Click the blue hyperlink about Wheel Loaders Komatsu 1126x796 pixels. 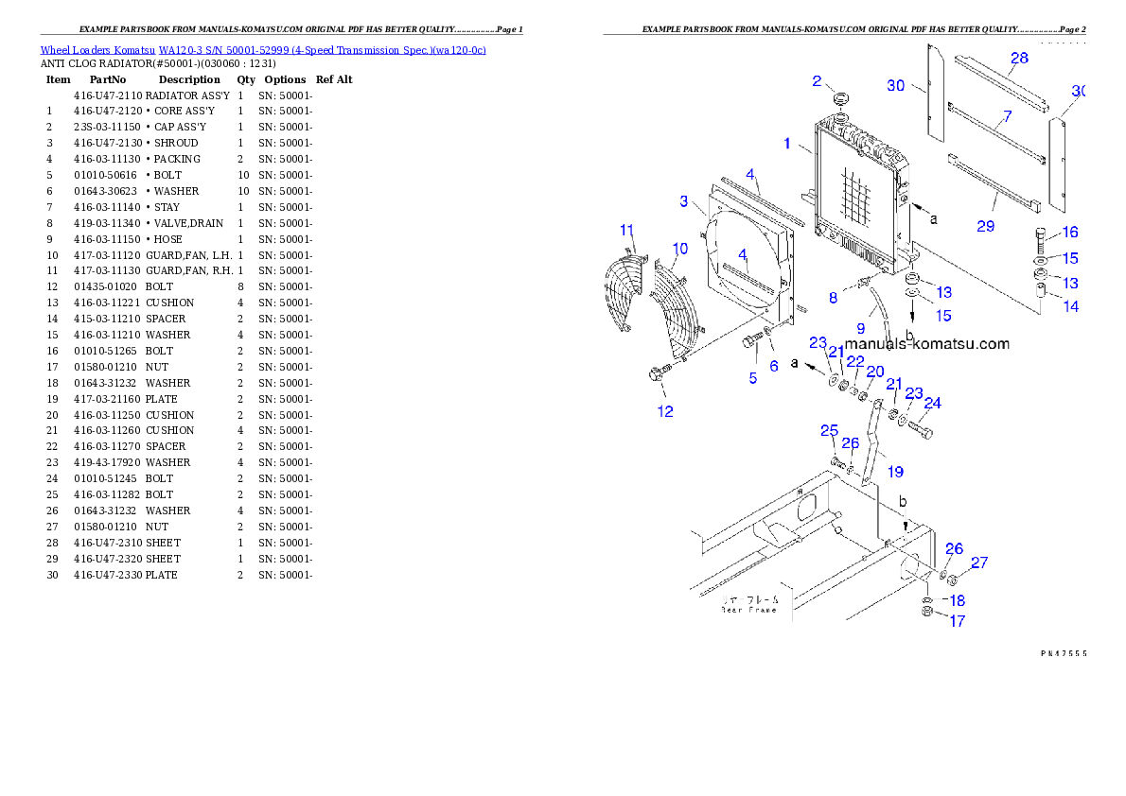263,50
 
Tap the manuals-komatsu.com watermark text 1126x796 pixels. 926,344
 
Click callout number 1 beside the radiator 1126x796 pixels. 786,144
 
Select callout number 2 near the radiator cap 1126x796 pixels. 817,81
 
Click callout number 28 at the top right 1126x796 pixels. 1018,59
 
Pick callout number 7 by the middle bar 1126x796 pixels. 1007,116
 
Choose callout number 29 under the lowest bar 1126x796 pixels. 985,226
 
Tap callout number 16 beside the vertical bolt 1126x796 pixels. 1069,233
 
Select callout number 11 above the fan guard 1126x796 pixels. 626,231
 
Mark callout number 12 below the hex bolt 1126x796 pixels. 665,411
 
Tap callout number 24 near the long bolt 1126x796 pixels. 932,404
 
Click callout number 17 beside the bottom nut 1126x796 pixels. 957,621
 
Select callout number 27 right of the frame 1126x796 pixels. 978,563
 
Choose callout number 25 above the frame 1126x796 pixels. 829,431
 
